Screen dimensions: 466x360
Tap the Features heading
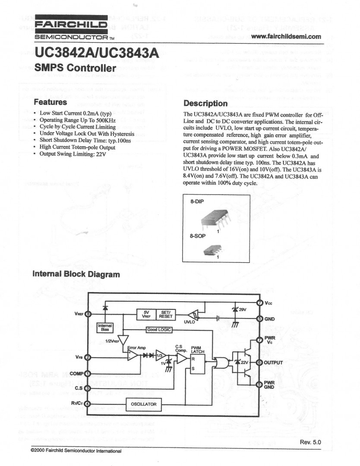pos(51,103)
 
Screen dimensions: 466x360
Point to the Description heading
pos(205,104)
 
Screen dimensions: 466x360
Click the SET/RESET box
pos(166,315)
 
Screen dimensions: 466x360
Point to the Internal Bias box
pos(105,327)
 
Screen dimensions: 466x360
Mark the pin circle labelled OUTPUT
pos(260,362)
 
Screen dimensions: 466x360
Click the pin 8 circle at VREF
pos(88,314)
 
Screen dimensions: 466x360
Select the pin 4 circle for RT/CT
pos(88,404)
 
